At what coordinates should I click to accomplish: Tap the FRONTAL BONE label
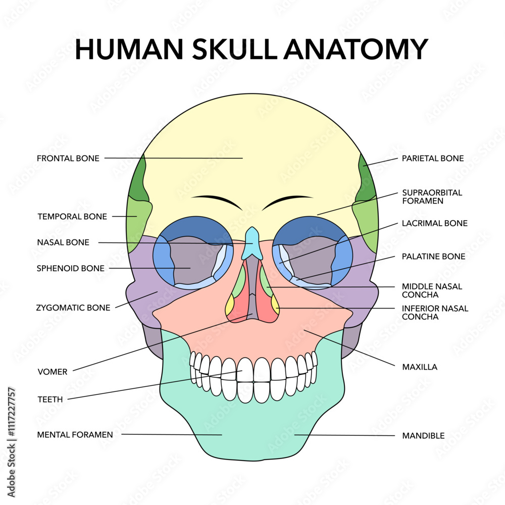[x=68, y=159]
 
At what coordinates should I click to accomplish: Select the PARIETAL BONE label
[x=433, y=159]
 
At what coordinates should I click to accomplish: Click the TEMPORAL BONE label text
[x=72, y=217]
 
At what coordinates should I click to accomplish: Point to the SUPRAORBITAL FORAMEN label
[x=432, y=197]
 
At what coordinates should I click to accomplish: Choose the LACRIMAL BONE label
[x=434, y=223]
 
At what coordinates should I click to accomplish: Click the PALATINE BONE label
[x=433, y=257]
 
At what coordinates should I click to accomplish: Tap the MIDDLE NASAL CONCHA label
[x=432, y=290]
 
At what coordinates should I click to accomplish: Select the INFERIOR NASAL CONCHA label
[x=435, y=313]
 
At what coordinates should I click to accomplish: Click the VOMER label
[x=53, y=372]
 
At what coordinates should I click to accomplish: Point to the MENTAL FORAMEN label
[x=75, y=435]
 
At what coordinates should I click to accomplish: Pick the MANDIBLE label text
[x=423, y=436]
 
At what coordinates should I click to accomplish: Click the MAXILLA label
[x=420, y=367]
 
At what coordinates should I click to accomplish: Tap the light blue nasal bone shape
[x=252, y=243]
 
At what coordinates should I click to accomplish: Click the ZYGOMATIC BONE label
[x=73, y=308]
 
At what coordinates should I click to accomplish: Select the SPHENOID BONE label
[x=71, y=268]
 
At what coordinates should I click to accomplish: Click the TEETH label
[x=50, y=399]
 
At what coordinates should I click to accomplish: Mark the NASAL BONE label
[x=63, y=242]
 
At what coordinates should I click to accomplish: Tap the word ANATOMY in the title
[x=356, y=49]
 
